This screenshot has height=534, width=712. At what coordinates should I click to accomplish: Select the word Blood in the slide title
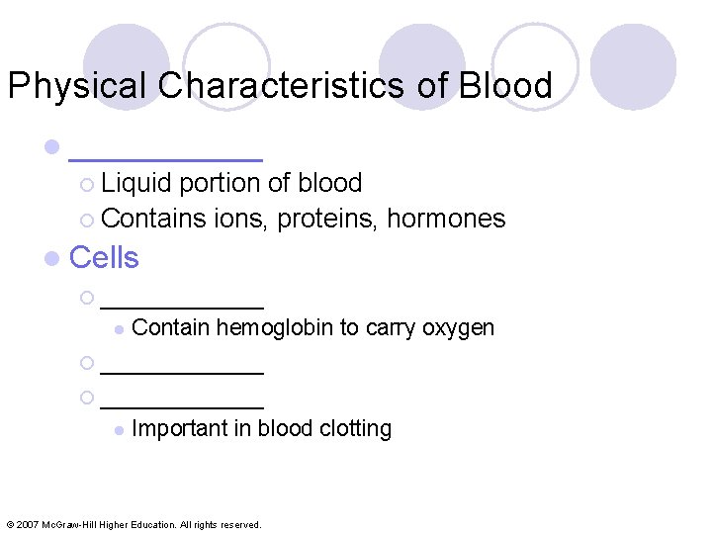(504, 86)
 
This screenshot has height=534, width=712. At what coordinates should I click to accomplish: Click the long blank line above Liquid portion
(165, 157)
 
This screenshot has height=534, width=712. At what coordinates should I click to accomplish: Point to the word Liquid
(136, 183)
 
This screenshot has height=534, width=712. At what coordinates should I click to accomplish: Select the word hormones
(446, 219)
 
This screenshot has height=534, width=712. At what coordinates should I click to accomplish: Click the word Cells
(105, 257)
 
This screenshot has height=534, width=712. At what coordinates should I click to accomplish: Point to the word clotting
(356, 428)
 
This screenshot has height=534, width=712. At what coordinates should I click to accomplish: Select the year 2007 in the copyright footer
(30, 524)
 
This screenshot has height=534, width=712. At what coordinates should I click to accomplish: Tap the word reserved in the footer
(237, 524)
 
